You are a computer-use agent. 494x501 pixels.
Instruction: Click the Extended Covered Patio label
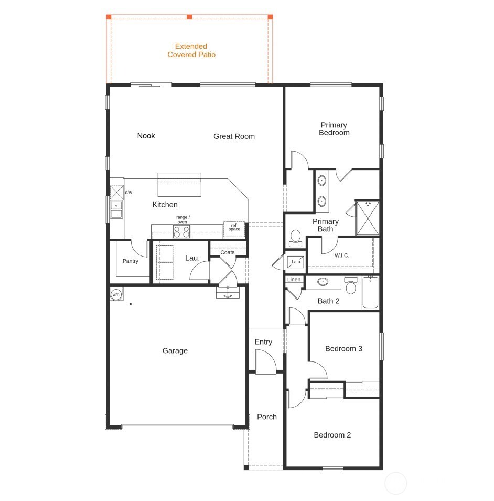click(x=191, y=50)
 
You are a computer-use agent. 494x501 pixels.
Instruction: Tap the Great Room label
click(x=234, y=136)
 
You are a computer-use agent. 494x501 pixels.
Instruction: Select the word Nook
click(x=146, y=136)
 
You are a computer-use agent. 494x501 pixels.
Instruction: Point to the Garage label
click(x=175, y=351)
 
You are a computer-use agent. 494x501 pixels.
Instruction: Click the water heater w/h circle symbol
click(x=116, y=294)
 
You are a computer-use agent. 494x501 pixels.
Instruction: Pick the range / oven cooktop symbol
click(x=181, y=231)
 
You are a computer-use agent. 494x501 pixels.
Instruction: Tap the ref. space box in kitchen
click(x=234, y=229)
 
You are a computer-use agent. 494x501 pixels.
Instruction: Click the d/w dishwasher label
click(x=128, y=193)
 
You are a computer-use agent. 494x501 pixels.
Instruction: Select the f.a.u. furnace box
click(x=296, y=262)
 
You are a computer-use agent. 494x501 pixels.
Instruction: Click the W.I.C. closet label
click(x=342, y=255)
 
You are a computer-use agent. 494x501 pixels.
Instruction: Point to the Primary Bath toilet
click(x=296, y=238)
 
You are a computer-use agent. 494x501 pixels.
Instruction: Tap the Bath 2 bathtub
click(x=370, y=293)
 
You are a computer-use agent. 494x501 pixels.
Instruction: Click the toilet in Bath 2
click(x=351, y=285)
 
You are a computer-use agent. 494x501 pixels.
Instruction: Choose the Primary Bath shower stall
click(x=368, y=219)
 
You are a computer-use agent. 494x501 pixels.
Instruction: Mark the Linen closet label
click(x=294, y=280)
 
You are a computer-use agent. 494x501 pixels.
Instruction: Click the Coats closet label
click(x=228, y=252)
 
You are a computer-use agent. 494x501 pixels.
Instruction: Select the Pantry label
click(x=130, y=261)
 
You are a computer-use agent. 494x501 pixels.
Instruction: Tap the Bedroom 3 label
click(x=343, y=348)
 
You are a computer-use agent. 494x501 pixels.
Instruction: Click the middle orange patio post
click(x=189, y=17)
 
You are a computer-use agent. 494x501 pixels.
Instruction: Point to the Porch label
click(x=267, y=417)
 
